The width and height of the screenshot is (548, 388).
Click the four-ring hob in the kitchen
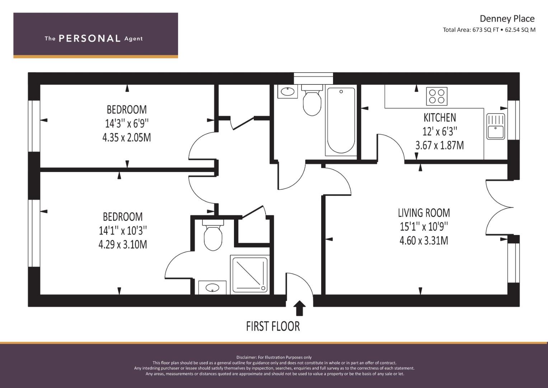tap(437, 96)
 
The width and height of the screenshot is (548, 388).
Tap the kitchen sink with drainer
tap(496, 126)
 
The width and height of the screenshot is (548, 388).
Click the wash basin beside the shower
tap(212, 287)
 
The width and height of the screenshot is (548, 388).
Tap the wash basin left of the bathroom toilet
tap(288, 92)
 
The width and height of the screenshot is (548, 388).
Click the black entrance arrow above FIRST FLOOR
tap(299, 308)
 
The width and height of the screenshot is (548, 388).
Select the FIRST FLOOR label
tap(273, 326)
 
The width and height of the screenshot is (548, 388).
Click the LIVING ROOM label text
tap(424, 213)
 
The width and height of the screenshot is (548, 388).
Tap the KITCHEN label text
tap(440, 118)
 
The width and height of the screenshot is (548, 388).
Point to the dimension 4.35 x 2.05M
tap(126, 138)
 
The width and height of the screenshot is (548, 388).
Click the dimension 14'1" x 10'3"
tap(123, 230)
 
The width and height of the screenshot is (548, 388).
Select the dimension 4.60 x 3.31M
tap(424, 241)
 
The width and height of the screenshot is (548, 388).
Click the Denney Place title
tap(507, 19)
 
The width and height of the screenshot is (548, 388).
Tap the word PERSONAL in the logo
tap(90, 38)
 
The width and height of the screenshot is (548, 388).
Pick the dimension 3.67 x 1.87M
tap(440, 145)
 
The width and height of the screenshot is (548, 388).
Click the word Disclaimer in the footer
tap(246, 357)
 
